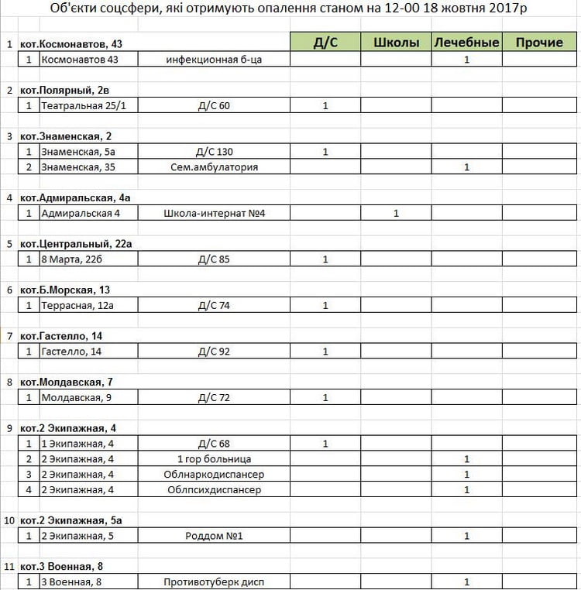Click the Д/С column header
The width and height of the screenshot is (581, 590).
(x=325, y=43)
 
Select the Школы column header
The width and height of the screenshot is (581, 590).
(x=396, y=43)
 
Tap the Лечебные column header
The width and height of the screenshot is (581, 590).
(x=466, y=43)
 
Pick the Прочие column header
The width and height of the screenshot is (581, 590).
(x=539, y=43)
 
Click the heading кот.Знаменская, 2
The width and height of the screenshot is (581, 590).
(x=66, y=136)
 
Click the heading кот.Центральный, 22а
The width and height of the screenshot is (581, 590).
(x=76, y=244)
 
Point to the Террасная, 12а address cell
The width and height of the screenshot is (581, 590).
(x=77, y=305)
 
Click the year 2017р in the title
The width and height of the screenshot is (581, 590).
(x=511, y=11)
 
